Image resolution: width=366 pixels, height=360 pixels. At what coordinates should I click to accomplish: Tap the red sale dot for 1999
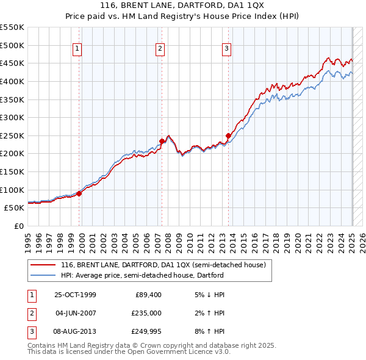79,193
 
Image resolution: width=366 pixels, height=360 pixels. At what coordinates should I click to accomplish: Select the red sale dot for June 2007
162,141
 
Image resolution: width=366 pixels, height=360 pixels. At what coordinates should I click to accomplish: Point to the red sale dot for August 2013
228,135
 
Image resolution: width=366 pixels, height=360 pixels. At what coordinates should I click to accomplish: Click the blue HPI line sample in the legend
43,275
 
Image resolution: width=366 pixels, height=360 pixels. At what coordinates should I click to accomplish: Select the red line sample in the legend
43,265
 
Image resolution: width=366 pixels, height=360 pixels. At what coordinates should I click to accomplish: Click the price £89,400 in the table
148,295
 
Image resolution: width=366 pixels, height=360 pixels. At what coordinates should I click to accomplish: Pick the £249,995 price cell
146,331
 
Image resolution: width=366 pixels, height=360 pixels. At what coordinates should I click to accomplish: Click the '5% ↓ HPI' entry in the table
209,295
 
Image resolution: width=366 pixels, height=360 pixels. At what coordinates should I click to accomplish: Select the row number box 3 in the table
31,331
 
